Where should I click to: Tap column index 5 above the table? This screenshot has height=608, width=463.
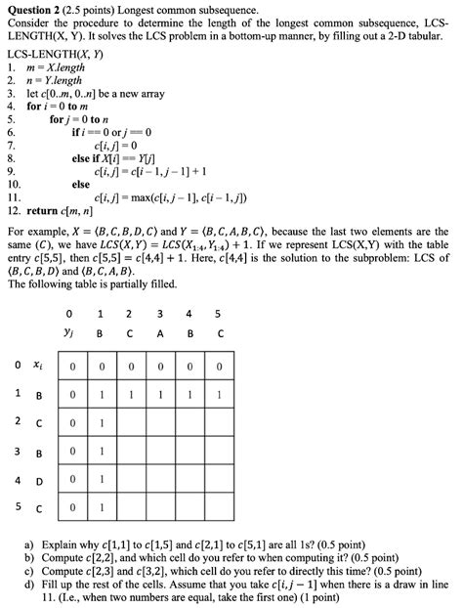click(219, 314)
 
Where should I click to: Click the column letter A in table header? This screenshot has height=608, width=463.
click(159, 332)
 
